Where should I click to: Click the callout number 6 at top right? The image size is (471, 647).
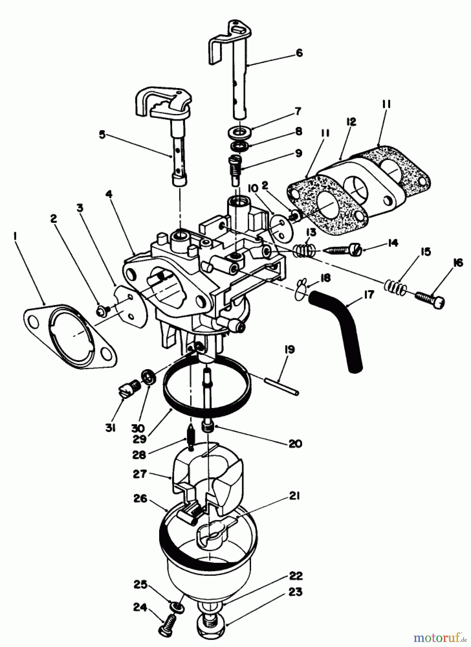coord(299,52)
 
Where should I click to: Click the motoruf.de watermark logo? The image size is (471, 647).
coord(441,637)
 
